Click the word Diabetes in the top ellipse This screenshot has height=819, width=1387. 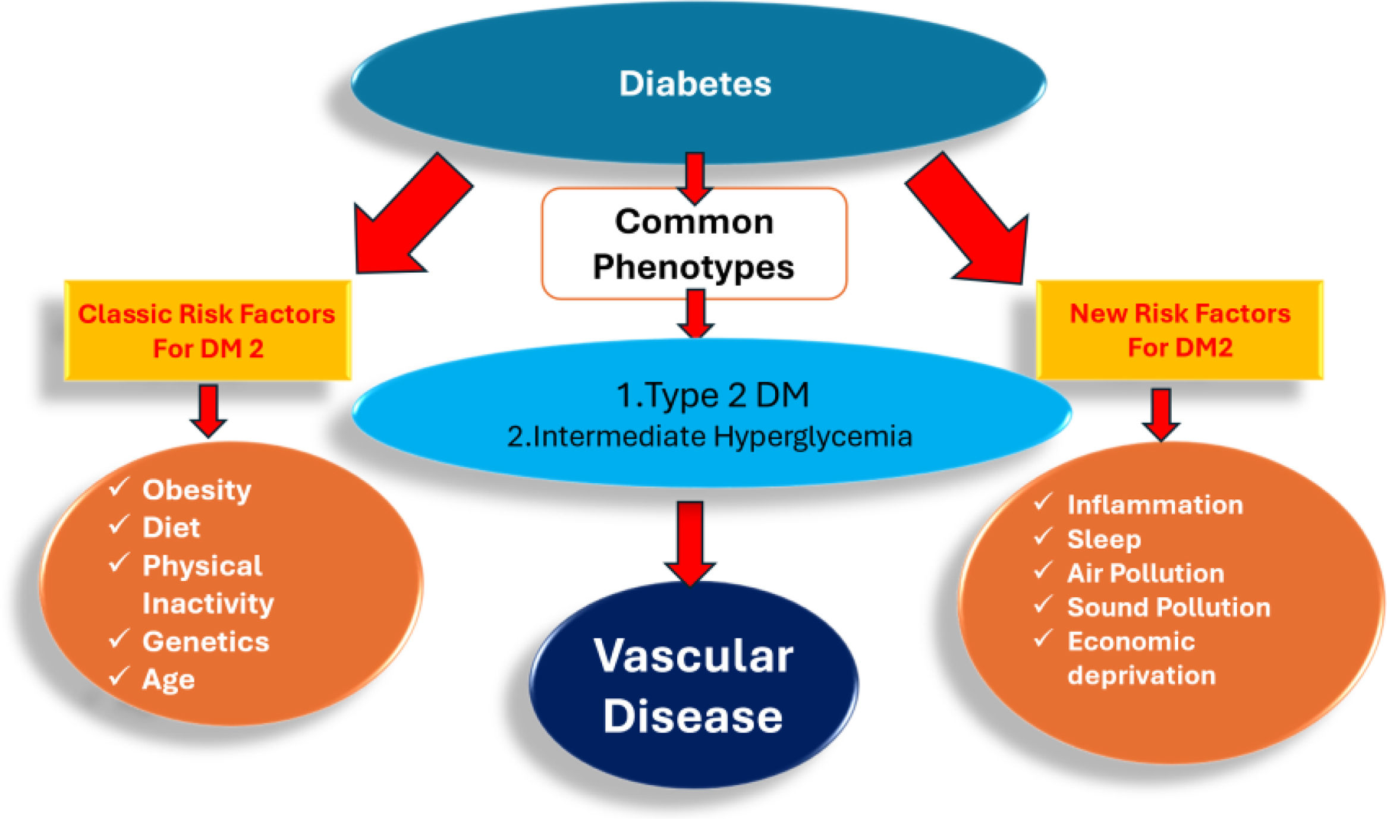point(695,83)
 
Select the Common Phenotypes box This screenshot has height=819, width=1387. point(694,244)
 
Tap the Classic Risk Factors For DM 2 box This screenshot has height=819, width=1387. point(207,330)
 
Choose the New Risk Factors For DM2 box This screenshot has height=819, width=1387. point(1180,330)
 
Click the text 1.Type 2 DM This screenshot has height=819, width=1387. point(712,395)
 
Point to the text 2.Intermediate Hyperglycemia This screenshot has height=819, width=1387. point(709,437)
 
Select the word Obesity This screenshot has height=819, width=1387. point(197,490)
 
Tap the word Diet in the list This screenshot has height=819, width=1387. point(171,528)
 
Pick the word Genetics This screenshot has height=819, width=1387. point(206,642)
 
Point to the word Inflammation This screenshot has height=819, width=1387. point(1155,505)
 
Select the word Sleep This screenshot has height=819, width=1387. point(1104,540)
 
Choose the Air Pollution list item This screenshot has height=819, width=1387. point(1146,574)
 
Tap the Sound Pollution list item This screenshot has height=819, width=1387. point(1169,607)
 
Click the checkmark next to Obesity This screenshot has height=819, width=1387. point(119,488)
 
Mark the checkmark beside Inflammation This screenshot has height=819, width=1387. point(1043,502)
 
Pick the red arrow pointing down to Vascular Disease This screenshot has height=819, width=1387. point(690,544)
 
